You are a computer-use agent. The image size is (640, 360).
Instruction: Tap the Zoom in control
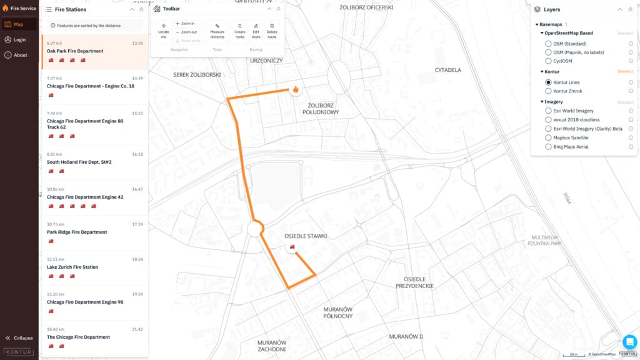[x=186, y=24]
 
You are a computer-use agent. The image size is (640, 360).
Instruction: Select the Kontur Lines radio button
[x=548, y=82]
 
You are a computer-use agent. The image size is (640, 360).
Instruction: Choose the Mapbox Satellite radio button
[x=548, y=137]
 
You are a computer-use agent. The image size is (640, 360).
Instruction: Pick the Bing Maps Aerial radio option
[x=548, y=147]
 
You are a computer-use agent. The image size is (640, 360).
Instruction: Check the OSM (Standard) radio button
[x=548, y=44]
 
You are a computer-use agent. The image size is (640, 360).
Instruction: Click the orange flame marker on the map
[x=295, y=89]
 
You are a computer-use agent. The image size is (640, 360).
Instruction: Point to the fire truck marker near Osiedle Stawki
[x=292, y=247]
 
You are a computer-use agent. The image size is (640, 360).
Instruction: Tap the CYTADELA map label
[x=447, y=70]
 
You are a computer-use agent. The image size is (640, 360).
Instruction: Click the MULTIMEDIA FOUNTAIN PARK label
[x=544, y=241]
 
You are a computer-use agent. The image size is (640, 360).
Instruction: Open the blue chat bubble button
[x=629, y=342]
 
